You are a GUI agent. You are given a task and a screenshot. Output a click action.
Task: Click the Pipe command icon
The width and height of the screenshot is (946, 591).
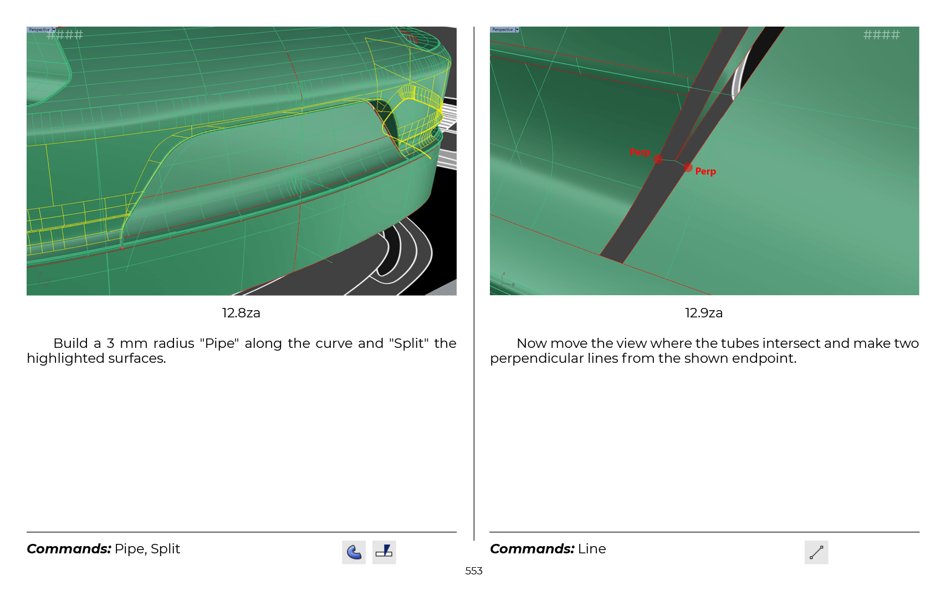tap(354, 552)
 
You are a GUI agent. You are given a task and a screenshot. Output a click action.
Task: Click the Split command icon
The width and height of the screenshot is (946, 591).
tap(384, 552)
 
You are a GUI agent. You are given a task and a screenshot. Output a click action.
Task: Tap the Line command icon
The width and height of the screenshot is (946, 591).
tap(816, 552)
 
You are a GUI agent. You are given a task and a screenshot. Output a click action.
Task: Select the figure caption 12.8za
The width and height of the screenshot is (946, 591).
tap(241, 313)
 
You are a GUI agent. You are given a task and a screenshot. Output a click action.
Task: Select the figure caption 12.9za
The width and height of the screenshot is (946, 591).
tap(704, 313)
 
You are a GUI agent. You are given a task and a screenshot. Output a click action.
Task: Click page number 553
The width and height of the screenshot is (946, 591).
tap(473, 571)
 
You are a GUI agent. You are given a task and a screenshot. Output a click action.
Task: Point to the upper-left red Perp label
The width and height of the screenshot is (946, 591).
tap(640, 152)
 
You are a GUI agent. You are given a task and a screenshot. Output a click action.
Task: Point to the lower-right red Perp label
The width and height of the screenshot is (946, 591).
tap(705, 171)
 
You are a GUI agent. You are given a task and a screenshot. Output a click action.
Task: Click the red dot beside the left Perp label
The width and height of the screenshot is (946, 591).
tap(658, 159)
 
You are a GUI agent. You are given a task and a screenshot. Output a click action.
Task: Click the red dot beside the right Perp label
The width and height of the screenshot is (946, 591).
tap(688, 168)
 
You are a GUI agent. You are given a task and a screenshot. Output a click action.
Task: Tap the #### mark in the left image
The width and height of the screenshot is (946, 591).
tap(65, 34)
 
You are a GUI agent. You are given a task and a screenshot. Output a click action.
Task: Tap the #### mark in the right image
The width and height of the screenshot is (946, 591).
tap(881, 34)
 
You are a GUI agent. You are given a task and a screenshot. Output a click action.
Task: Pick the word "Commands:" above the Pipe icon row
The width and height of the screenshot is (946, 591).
tap(69, 549)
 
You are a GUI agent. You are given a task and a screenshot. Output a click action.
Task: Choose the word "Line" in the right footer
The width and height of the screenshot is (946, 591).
tap(592, 549)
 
